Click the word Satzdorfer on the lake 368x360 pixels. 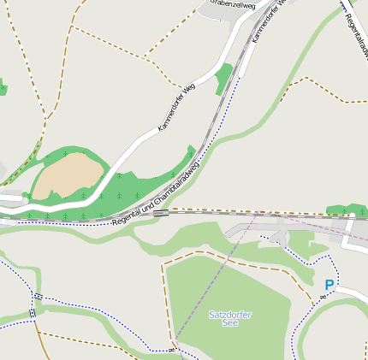[x=230, y=315]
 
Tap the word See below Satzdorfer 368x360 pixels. [x=230, y=323]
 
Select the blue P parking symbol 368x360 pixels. [x=329, y=285]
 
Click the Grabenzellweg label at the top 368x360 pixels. [x=233, y=4]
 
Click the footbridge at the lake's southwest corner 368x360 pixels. [x=172, y=350]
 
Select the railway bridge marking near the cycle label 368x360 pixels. [x=160, y=213]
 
